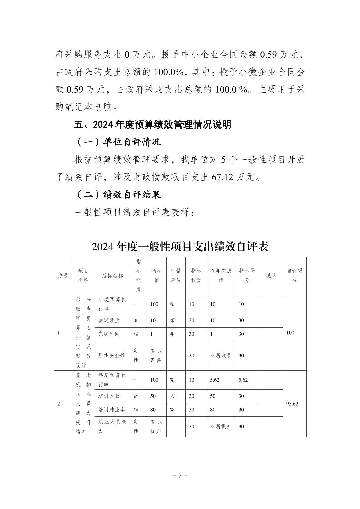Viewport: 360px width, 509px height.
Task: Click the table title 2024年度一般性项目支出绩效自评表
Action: coord(180,247)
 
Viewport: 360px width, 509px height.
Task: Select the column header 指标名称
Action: coord(112,276)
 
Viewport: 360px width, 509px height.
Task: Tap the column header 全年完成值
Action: coord(221,276)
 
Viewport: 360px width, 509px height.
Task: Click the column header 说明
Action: coord(271,276)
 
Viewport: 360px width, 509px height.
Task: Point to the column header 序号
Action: coord(63,276)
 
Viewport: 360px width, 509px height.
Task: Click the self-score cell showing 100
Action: coord(290,333)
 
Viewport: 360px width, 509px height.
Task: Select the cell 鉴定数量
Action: coord(109,320)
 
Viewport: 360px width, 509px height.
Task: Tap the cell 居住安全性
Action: coord(112,355)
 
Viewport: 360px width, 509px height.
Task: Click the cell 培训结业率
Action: coord(112,410)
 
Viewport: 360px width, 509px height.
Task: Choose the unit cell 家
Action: coord(172,320)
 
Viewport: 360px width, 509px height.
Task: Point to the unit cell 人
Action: coord(172,396)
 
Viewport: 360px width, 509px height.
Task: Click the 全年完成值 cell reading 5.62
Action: coord(215,380)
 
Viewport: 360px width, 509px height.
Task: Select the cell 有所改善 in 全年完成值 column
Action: coord(221,355)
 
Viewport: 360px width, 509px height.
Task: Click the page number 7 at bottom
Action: coord(180,476)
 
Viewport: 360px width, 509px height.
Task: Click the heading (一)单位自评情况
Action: coord(118,142)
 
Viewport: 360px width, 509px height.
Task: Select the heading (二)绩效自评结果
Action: coord(118,194)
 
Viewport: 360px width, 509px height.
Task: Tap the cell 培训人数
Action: coord(109,396)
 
